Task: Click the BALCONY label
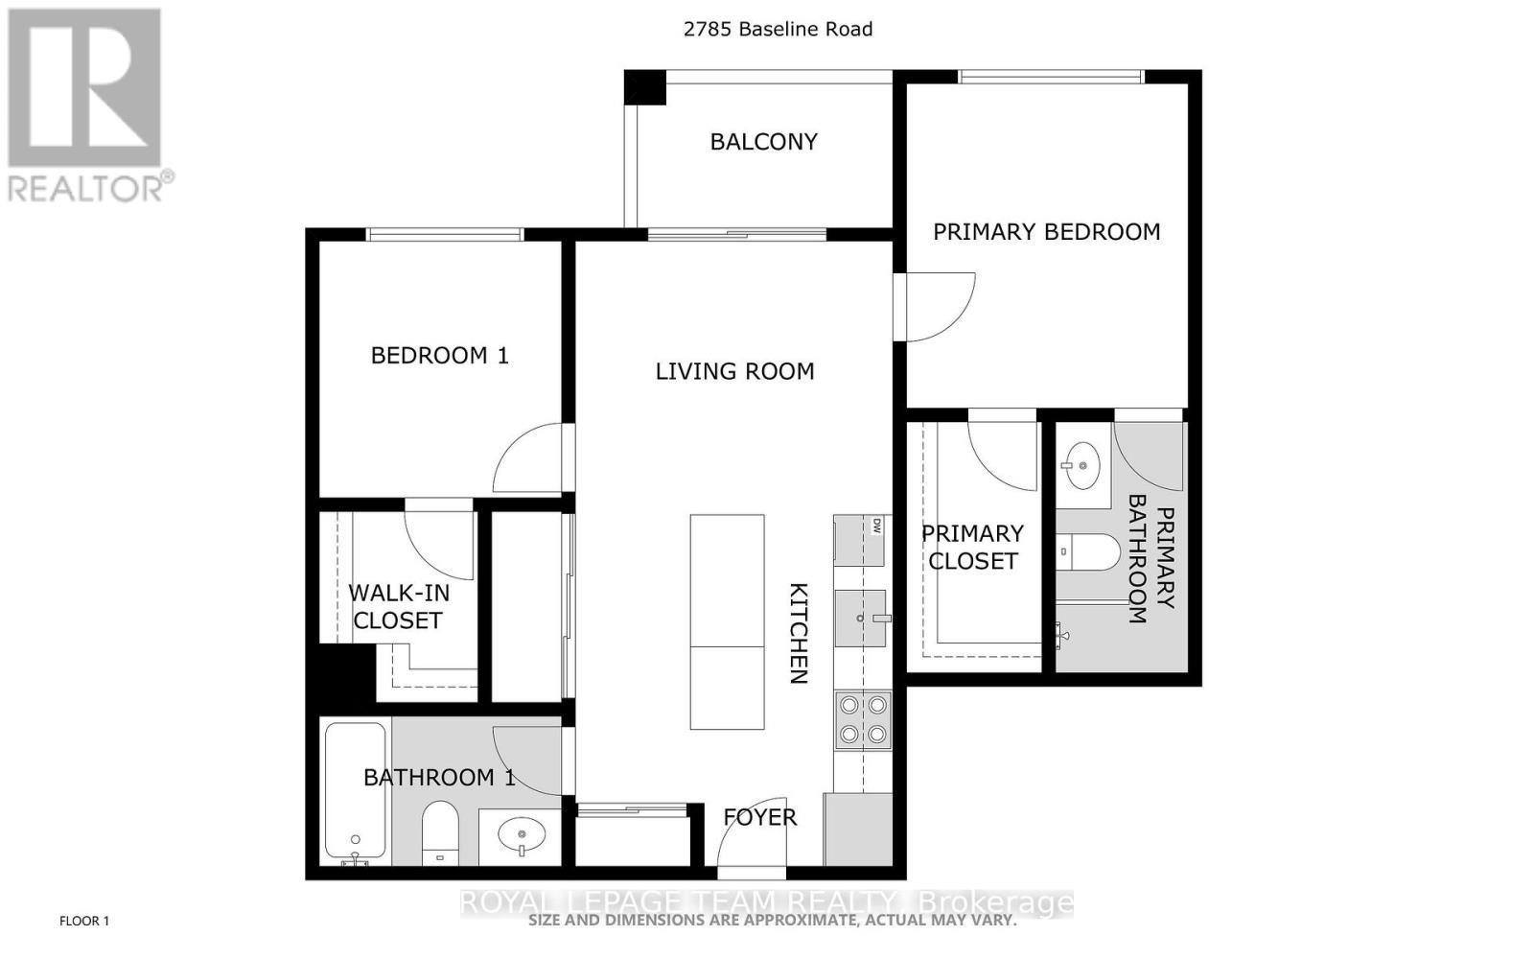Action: (763, 142)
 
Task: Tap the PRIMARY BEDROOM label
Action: (1046, 232)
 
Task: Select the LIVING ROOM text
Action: (734, 371)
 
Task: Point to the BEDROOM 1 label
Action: (439, 356)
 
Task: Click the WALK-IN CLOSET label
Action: (398, 606)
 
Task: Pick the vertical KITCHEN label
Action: (798, 633)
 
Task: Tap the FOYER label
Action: (759, 817)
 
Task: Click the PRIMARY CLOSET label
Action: (972, 547)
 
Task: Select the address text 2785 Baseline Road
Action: (778, 29)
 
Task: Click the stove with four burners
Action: (862, 721)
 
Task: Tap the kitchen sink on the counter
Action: (861, 619)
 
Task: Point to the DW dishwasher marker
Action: (876, 525)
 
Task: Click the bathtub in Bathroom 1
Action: (356, 791)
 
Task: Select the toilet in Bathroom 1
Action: (440, 832)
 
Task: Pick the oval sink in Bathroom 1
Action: (520, 834)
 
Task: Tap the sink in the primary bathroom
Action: (1082, 466)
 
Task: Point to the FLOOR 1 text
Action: (84, 922)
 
